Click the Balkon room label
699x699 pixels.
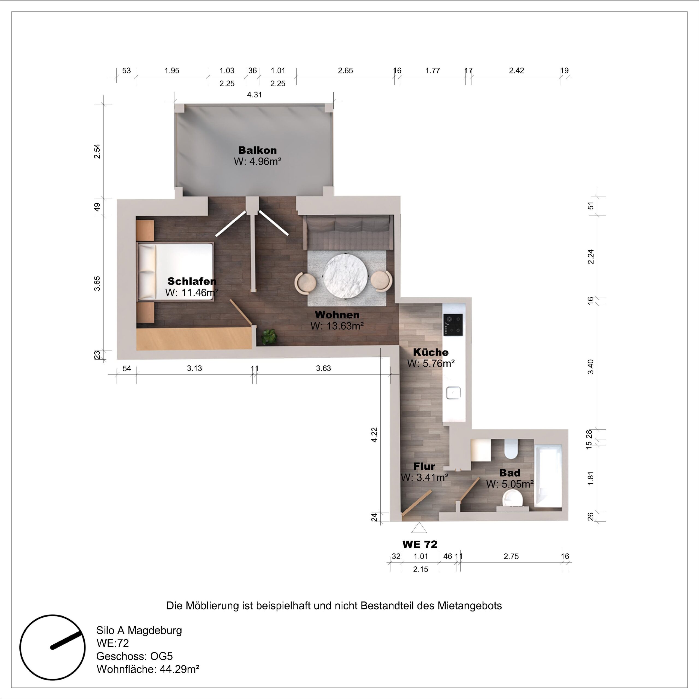point(257,150)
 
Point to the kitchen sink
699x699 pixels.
point(453,393)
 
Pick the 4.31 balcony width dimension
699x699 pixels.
point(254,95)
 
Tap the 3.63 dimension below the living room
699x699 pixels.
point(324,368)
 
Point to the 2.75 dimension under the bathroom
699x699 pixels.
point(511,556)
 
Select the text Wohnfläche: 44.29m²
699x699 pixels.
point(148,669)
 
